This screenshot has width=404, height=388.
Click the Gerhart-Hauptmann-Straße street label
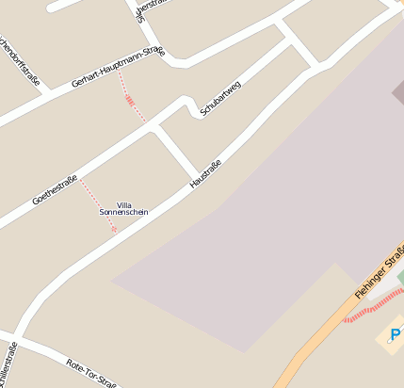(x=118, y=67)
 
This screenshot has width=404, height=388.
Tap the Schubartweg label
(x=220, y=98)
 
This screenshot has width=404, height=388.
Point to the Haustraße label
(x=205, y=173)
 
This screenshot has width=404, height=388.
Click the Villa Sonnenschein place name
(x=124, y=208)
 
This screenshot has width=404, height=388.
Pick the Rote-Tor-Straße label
(x=91, y=374)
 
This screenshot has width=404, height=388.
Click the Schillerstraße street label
(x=9, y=367)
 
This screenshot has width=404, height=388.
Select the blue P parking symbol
(x=396, y=334)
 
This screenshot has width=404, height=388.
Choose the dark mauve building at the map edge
(x=398, y=91)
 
